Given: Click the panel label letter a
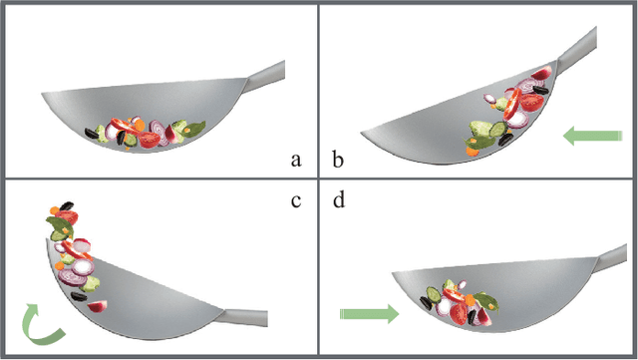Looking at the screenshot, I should [x=294, y=159].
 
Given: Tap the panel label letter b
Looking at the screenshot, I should [x=338, y=159].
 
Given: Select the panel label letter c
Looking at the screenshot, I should [x=294, y=200].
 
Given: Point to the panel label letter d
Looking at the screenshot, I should [x=340, y=201].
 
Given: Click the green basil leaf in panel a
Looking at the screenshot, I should [x=191, y=129].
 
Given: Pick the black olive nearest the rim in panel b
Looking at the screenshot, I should [x=538, y=90].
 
